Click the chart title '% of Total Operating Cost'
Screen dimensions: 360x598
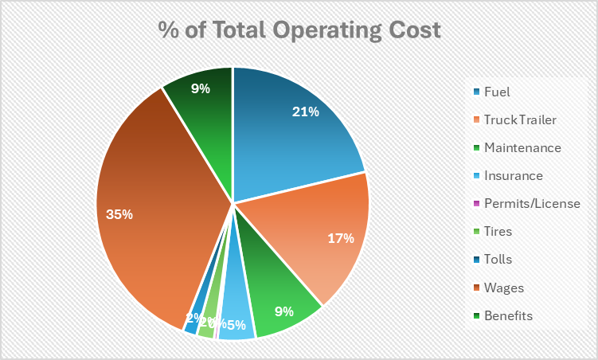coord(299,31)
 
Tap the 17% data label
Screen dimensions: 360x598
coord(340,238)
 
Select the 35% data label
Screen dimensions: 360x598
coord(119,214)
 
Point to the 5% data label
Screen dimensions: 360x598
coord(236,324)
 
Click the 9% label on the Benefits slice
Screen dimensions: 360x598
coord(201,88)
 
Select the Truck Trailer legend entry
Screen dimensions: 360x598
coord(520,119)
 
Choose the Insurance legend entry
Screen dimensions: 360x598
coord(513,175)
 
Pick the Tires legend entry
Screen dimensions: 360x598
coord(498,231)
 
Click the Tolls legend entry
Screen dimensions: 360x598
coord(498,259)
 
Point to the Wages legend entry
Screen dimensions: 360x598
coord(503,288)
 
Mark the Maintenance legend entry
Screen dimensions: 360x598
coord(522,147)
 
